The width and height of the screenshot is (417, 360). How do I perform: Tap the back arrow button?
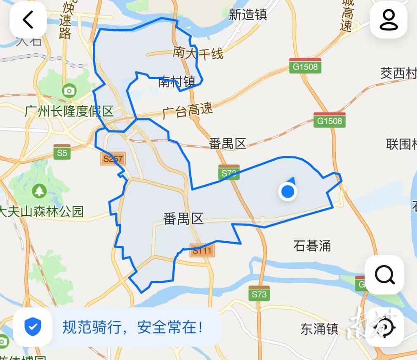point(28,20)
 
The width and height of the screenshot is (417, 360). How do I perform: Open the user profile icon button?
point(389,20)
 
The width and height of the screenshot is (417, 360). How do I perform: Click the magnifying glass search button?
point(385,275)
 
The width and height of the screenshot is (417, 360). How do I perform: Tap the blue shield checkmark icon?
point(33,327)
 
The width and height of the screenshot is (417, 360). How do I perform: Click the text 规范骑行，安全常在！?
point(133,328)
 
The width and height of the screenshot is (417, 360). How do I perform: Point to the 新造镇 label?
point(248,15)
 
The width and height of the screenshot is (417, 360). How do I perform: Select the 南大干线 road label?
point(198,53)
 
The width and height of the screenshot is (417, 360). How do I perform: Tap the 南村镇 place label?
point(177,82)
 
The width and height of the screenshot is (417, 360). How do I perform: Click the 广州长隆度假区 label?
point(69,111)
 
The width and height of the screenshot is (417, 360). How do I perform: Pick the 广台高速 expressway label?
point(188,111)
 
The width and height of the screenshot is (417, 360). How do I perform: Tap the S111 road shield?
point(202,250)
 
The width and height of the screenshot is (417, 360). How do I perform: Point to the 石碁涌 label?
point(312,246)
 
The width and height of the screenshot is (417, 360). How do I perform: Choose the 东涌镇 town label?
point(320,329)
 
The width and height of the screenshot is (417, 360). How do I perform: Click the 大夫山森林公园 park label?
point(41,212)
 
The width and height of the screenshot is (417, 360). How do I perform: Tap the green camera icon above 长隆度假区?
point(69,90)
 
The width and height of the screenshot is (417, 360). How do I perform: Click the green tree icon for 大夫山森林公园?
point(40,191)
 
